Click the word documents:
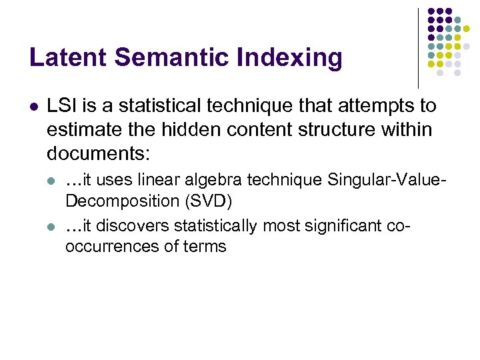(99, 154)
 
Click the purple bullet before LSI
(34, 107)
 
